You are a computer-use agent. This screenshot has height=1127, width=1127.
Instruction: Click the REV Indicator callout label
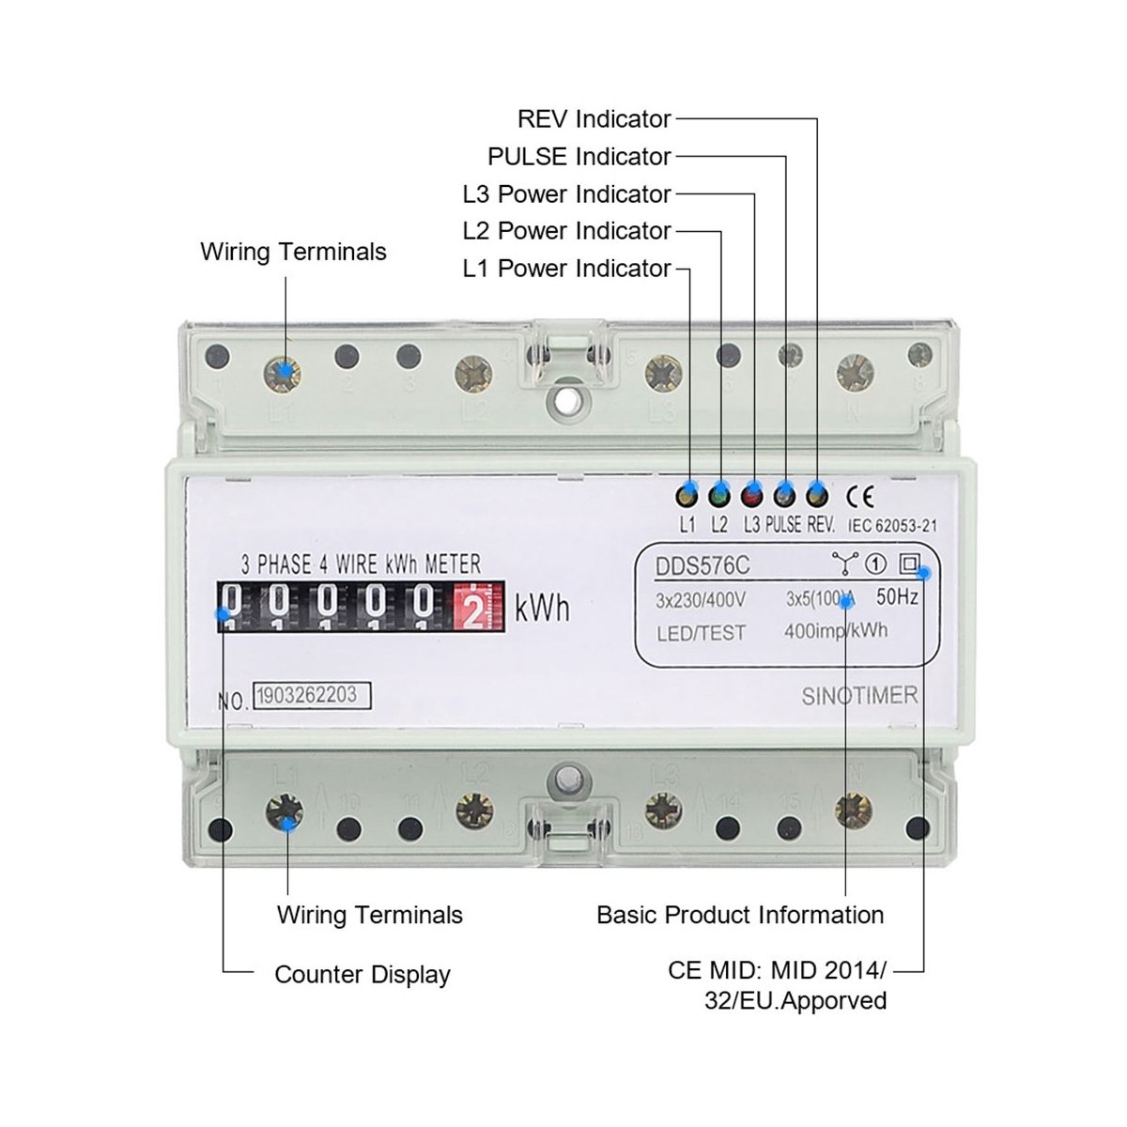tap(594, 119)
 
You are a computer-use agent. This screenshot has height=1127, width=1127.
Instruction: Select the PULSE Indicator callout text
tap(579, 156)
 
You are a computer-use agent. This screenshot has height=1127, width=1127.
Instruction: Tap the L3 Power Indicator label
tap(566, 193)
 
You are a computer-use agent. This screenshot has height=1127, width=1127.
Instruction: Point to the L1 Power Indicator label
tap(566, 268)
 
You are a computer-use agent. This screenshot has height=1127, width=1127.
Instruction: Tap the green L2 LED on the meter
tap(720, 494)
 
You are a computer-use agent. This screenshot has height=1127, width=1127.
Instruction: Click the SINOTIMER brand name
tap(859, 696)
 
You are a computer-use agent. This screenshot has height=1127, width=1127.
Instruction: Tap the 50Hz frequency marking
tap(897, 596)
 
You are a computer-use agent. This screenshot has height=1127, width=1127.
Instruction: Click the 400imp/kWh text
tap(835, 630)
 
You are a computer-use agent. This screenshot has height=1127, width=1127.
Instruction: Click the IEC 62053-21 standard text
tap(892, 528)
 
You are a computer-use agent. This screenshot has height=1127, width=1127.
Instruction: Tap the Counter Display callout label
tap(362, 975)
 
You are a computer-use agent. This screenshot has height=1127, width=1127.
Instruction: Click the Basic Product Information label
tap(740, 915)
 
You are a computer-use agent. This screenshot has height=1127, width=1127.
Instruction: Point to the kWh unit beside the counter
tap(542, 609)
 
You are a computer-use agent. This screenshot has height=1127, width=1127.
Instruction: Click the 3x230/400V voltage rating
tap(700, 599)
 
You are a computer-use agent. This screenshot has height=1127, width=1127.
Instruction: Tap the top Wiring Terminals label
tap(293, 252)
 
